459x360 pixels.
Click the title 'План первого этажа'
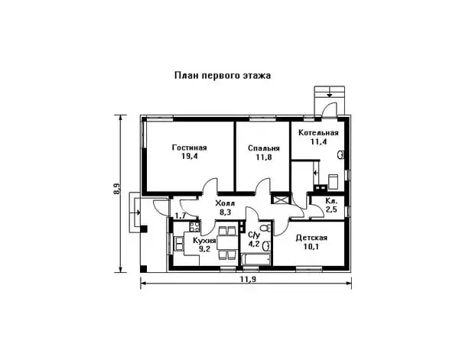point(223,76)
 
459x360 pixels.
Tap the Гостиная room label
point(190,148)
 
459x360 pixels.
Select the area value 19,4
point(190,156)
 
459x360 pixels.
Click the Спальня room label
point(264,148)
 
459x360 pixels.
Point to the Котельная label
point(318,133)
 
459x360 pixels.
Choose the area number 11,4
point(319,142)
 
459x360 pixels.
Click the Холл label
point(225,203)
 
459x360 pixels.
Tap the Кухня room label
point(204,241)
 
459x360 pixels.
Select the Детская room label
point(311,238)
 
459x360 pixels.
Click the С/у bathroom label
point(254,235)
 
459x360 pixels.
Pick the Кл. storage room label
point(332,201)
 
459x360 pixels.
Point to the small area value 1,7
point(181,216)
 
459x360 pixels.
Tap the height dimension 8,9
point(116,189)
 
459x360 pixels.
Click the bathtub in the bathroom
point(256,259)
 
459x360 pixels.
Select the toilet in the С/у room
point(266,227)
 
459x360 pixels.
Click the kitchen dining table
point(226,243)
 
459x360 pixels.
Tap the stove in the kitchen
point(194,226)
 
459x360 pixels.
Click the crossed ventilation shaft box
point(277,199)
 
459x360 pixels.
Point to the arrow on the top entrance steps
point(330,93)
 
